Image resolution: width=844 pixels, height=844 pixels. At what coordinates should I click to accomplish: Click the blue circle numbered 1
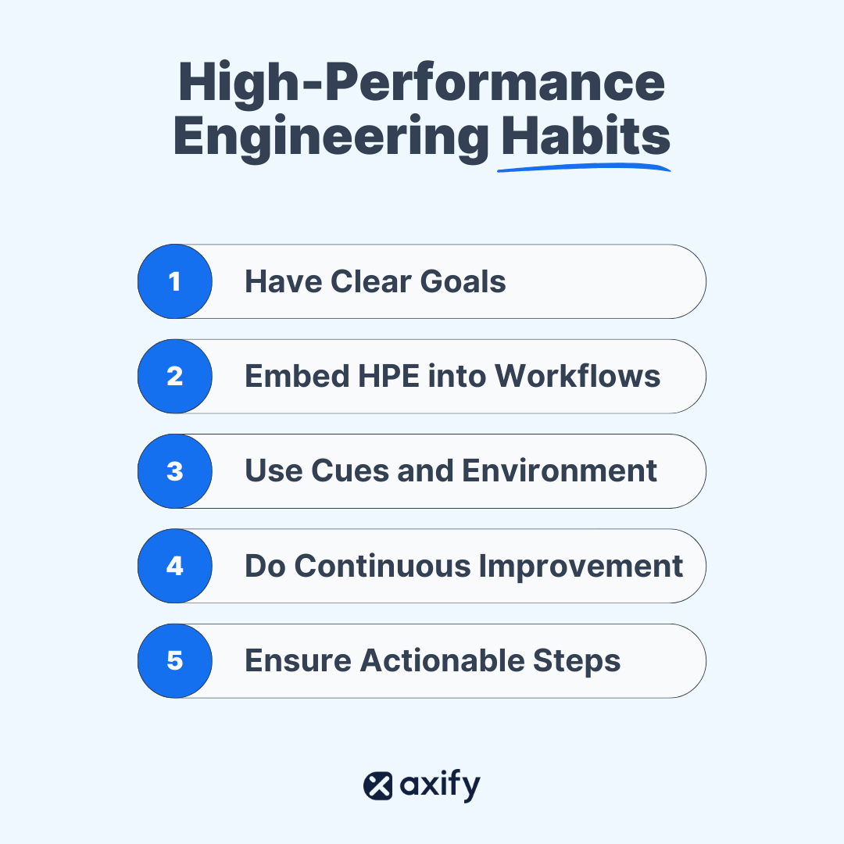(175, 281)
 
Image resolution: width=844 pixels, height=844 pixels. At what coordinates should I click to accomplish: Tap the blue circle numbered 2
(175, 377)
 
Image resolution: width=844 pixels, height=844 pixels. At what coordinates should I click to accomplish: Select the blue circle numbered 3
(175, 471)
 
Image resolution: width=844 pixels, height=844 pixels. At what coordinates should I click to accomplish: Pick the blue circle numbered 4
(175, 566)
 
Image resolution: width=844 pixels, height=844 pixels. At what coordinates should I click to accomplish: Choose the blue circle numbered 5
(175, 661)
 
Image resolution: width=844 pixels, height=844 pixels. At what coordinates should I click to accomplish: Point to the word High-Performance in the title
(422, 81)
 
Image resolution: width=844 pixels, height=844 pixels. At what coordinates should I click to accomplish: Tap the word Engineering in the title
(331, 137)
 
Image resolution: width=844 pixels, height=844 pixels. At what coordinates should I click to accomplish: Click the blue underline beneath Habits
(584, 166)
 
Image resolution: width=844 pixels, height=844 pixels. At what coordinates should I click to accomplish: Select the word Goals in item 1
(463, 281)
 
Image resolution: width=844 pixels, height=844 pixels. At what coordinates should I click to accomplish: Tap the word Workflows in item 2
(578, 377)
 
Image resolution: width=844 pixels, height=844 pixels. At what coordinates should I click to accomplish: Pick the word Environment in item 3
(559, 471)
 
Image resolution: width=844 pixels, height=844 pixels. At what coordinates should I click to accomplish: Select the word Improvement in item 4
(581, 567)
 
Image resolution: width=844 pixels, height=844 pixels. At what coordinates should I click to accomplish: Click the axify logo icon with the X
(378, 785)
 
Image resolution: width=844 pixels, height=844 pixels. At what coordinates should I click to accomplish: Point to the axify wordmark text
(440, 785)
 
